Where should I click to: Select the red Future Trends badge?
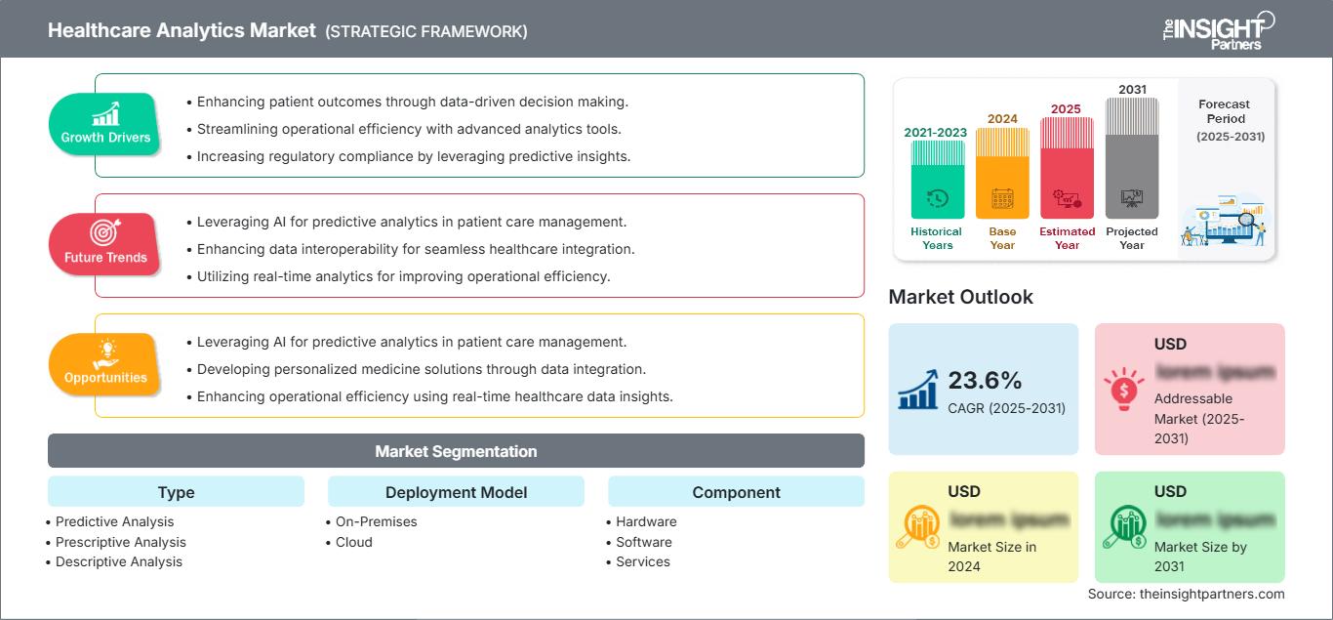point(105,244)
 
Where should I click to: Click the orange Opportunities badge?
point(105,364)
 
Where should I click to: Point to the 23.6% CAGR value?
point(984,380)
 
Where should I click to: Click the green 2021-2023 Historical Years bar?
point(937,180)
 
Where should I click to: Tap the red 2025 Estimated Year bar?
point(1067,168)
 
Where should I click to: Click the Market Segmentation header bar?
point(456,451)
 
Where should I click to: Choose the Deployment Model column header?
point(456,492)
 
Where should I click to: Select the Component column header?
point(736,492)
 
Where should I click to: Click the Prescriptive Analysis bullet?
point(120,542)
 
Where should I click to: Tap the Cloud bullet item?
point(353,542)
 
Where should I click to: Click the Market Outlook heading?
point(960,297)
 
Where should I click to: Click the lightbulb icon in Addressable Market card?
point(1123,389)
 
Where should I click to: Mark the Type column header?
point(176,492)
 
